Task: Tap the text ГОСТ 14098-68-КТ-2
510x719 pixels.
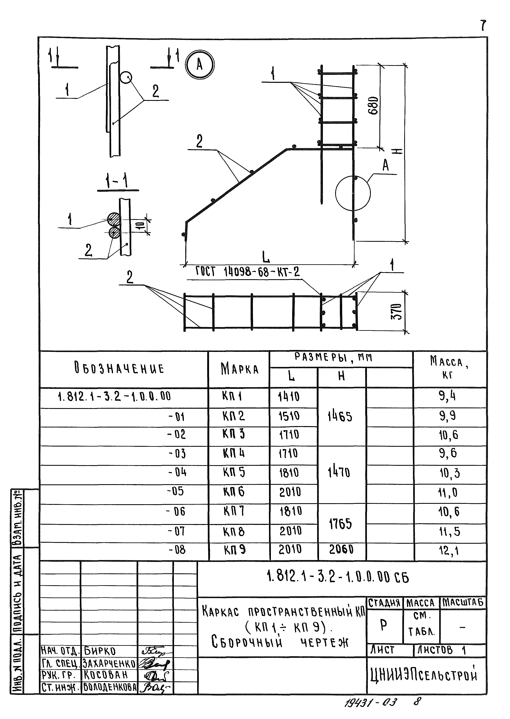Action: (248, 272)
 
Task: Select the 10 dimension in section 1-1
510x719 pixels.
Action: (141, 225)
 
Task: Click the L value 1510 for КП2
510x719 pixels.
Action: (289, 416)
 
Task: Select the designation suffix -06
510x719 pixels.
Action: (176, 512)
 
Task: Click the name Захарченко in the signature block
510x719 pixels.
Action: (109, 664)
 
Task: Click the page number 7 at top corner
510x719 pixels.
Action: (483, 25)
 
